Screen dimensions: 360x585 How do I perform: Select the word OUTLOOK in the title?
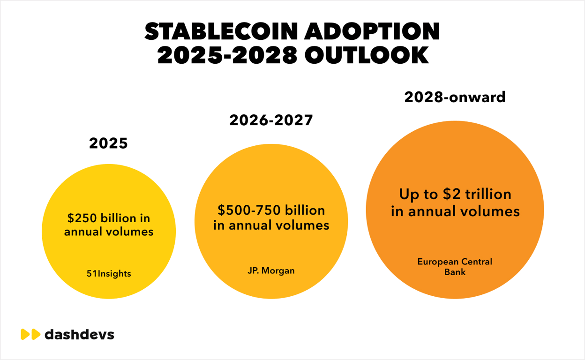click(x=367, y=56)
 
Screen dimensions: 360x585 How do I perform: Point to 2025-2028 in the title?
click(x=227, y=56)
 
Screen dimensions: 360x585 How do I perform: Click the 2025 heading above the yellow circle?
click(x=108, y=143)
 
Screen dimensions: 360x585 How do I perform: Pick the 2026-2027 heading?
click(x=271, y=120)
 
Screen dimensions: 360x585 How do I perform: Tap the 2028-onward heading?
click(x=455, y=97)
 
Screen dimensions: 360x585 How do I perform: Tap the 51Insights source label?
click(x=108, y=273)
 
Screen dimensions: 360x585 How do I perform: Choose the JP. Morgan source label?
click(x=271, y=270)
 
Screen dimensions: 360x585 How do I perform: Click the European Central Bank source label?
click(x=455, y=266)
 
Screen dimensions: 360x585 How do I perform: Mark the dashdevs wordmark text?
click(x=79, y=335)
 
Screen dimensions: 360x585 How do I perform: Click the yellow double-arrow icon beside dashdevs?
click(x=30, y=335)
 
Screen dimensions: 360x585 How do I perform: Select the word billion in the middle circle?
click(x=304, y=210)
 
